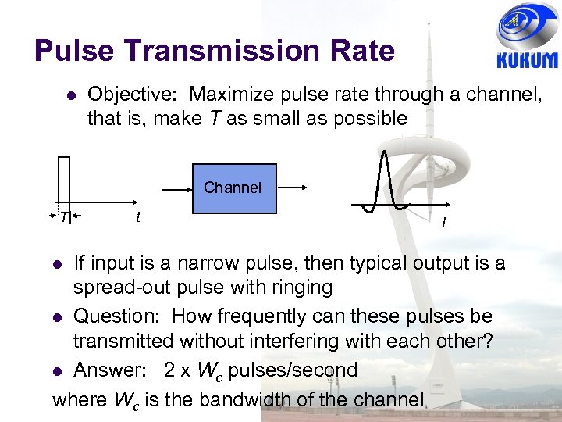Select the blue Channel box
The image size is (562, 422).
(233, 188)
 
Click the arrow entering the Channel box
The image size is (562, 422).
(176, 188)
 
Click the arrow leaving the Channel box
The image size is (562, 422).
(293, 188)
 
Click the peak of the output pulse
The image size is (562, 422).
(384, 151)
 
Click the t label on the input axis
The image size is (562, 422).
(137, 216)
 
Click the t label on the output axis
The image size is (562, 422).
(444, 224)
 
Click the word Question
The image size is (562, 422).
(116, 316)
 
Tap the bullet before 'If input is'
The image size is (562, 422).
(57, 263)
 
